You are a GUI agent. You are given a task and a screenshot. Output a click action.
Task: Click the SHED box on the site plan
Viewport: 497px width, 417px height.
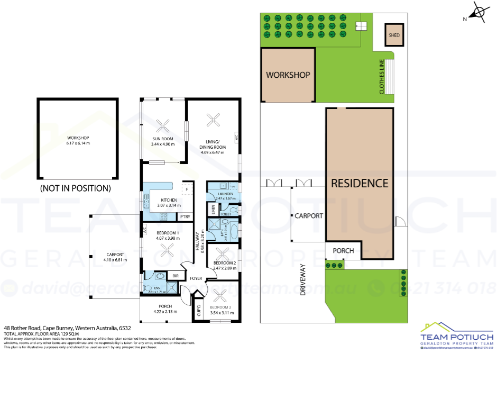point(394,35)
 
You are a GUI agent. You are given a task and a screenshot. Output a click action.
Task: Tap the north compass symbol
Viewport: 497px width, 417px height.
point(478,13)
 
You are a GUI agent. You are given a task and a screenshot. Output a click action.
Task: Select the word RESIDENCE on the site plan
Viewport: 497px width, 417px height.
point(360,184)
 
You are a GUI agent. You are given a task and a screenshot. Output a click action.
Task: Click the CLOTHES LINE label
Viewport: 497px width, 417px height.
point(382,77)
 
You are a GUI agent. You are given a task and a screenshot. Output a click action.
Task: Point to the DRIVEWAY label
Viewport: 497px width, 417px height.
point(303,279)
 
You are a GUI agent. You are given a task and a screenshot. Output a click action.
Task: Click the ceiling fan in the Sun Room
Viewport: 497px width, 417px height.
point(163,125)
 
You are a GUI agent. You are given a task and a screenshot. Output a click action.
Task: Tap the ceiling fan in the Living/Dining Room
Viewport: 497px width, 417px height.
point(215,120)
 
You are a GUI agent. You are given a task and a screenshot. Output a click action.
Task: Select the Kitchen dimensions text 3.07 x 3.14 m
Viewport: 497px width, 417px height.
point(168,205)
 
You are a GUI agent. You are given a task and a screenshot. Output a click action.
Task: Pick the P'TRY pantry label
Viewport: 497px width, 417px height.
point(185,217)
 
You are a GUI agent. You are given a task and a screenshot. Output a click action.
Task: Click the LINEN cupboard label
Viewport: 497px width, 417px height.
point(214,210)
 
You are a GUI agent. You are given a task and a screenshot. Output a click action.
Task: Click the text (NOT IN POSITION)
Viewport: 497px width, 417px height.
point(76,188)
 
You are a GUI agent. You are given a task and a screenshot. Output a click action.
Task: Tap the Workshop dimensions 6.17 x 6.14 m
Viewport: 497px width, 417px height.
point(78,143)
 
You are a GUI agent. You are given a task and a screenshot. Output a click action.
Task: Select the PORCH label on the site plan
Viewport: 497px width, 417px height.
point(343,250)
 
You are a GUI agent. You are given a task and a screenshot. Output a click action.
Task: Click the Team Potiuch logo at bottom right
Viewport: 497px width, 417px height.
point(456,337)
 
